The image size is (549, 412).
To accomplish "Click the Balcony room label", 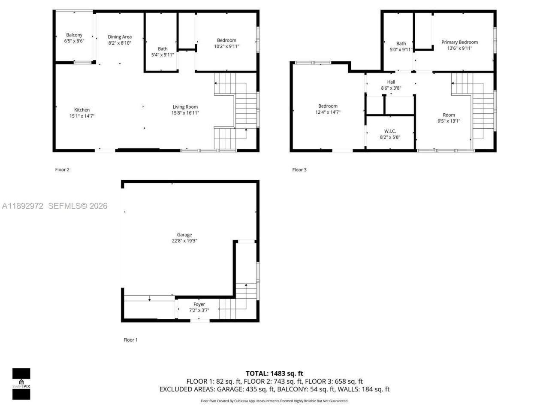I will pos(74,35).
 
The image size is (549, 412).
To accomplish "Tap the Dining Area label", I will pos(120,37).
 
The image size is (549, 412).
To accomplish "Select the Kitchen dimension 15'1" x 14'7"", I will pos(82,116).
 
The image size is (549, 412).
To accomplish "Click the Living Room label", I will pos(185,107).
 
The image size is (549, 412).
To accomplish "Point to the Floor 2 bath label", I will pos(163,49).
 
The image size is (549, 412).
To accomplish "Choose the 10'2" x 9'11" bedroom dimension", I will pos(226,46).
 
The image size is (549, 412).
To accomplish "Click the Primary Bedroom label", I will pos(459,42).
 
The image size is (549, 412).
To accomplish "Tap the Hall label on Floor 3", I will pos(391,82).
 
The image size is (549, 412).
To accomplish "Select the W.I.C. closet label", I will pos(390,131).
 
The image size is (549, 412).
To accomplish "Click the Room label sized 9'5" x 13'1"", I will pos(449,115).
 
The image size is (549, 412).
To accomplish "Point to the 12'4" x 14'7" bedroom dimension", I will pos(328,112).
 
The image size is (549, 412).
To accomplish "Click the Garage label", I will pos(184,235).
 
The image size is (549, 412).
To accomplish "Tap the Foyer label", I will pos(199,304).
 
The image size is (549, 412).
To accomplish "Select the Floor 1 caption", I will pos(130,340).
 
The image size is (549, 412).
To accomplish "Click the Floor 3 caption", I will pos(299,170).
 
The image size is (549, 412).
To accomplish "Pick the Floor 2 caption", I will pos(62,170).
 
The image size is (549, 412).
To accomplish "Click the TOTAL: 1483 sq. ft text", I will pos(274,373).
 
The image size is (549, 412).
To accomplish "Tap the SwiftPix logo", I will pos(21,384).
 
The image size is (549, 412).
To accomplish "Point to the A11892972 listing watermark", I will pos(23,206).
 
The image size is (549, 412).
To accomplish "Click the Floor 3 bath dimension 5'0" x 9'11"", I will pos(401,49).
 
